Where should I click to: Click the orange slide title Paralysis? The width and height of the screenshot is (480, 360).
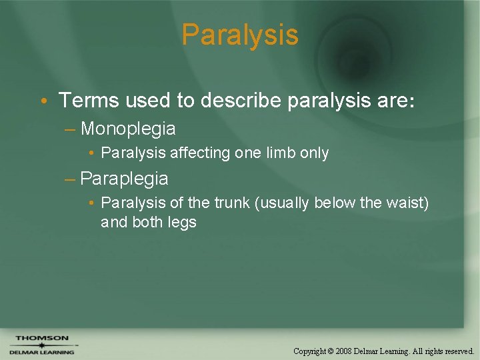click(x=240, y=35)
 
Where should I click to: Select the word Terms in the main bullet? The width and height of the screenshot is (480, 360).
click(x=82, y=101)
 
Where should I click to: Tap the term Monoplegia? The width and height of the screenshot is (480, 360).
click(x=128, y=128)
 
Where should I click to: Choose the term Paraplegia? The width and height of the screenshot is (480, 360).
click(x=124, y=179)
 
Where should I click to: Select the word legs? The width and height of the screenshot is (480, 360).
click(x=182, y=222)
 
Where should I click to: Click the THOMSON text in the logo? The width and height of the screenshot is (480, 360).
click(x=41, y=338)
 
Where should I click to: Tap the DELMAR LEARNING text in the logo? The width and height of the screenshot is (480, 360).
click(x=41, y=353)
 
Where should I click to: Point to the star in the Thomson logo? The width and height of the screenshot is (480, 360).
click(x=41, y=345)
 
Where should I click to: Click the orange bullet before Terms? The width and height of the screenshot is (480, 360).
click(x=42, y=101)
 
